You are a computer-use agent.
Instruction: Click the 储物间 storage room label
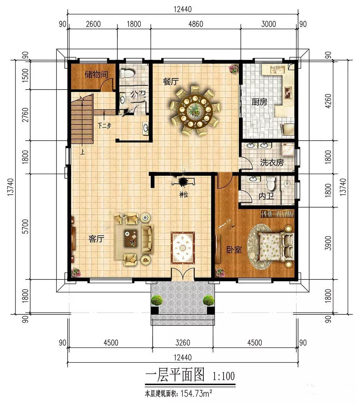pyautogui.click(x=96, y=75)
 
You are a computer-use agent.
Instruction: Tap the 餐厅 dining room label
pyautogui.click(x=171, y=82)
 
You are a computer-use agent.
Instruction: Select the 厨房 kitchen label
pyautogui.click(x=260, y=102)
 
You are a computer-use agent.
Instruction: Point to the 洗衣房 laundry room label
pyautogui.click(x=272, y=163)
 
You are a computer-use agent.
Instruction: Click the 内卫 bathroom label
pyautogui.click(x=266, y=196)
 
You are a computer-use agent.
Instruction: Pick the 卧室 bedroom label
pyautogui.click(x=234, y=250)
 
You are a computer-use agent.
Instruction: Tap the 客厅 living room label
pyautogui.click(x=96, y=239)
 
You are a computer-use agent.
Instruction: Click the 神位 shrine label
pyautogui.click(x=184, y=195)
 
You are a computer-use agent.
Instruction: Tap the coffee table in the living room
pyautogui.click(x=131, y=238)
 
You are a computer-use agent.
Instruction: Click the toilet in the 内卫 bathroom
pyautogui.click(x=271, y=183)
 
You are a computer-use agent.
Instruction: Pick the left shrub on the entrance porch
pyautogui.click(x=157, y=301)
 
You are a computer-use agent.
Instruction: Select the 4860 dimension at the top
pyautogui.click(x=196, y=24)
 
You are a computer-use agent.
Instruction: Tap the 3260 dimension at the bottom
pyautogui.click(x=183, y=343)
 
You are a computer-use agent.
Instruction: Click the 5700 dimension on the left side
pyautogui.click(x=25, y=227)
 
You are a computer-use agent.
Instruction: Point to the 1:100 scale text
pyautogui.click(x=224, y=376)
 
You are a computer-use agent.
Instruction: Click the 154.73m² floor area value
pyautogui.click(x=197, y=393)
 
